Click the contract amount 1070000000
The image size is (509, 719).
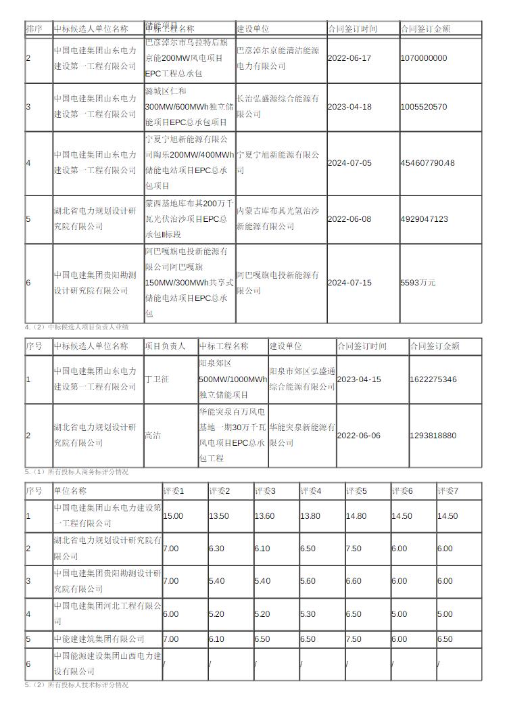[x=424, y=58]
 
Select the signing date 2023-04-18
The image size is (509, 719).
[x=349, y=107]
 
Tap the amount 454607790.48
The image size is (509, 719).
[x=428, y=163]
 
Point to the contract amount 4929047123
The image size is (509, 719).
[x=424, y=219]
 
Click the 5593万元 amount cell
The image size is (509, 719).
[x=418, y=283]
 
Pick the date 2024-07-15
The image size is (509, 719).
[x=349, y=283]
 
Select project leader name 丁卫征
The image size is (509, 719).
[x=156, y=379]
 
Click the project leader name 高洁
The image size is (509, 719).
[x=152, y=436]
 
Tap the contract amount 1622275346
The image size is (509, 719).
[x=433, y=379]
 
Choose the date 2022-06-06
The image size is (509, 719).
[x=359, y=436]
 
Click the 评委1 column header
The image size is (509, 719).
[x=174, y=491]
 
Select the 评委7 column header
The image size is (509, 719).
[x=448, y=491]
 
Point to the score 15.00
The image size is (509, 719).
[x=173, y=516]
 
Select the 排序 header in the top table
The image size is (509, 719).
[x=34, y=29]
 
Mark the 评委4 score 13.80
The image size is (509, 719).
[x=310, y=516]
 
